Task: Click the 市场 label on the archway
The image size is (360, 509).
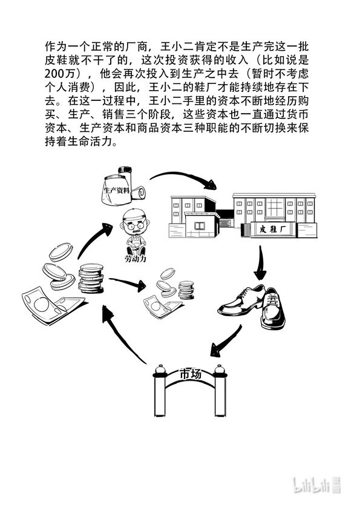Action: coord(191,374)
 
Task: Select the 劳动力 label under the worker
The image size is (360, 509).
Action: coord(135,259)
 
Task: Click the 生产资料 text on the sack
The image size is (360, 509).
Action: coord(116,190)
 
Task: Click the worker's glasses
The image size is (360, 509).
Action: coord(135,225)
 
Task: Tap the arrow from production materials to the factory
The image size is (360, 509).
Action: coord(183,179)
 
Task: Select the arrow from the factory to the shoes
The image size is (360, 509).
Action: coord(261,263)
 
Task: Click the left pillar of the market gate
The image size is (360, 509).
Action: coord(160,391)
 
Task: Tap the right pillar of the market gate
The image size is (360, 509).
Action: coord(220,391)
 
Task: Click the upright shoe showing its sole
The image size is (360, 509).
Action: coord(273,308)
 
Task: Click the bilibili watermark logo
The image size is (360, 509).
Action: coord(317,485)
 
